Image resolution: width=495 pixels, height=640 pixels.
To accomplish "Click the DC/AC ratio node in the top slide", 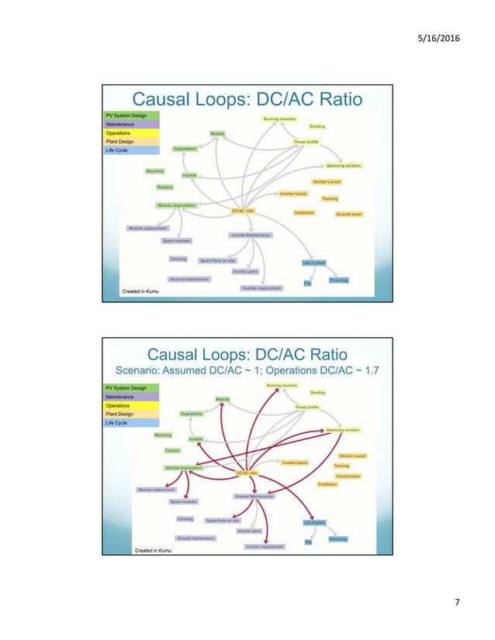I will point(243,211).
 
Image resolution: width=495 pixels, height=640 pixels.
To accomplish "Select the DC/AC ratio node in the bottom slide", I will point(247,473).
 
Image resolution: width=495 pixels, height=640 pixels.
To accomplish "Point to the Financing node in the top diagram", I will point(338,280).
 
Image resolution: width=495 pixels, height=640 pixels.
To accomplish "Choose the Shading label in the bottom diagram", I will point(317,393).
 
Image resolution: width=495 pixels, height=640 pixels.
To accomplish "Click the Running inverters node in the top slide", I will point(279,119).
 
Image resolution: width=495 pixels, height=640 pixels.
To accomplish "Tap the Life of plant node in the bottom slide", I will point(314,522).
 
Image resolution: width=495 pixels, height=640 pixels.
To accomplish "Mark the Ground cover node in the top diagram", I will point(349,214).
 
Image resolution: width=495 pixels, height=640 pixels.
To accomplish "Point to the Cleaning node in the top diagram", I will point(178,259).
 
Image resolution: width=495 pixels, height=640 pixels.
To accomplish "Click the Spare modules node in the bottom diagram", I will point(185,502).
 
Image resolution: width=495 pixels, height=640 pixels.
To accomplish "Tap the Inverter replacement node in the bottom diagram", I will point(265,546).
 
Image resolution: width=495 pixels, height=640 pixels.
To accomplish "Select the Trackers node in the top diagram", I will point(164,188).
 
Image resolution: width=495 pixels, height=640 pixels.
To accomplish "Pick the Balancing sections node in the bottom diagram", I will point(343,429).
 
